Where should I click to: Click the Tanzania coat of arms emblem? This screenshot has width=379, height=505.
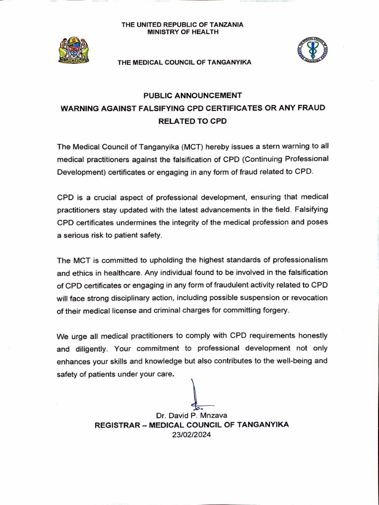[74, 50]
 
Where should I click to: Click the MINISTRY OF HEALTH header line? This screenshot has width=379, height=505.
[183, 33]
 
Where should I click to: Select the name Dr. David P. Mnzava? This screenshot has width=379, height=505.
[191, 415]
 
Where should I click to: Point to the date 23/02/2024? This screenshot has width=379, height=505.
[191, 434]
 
